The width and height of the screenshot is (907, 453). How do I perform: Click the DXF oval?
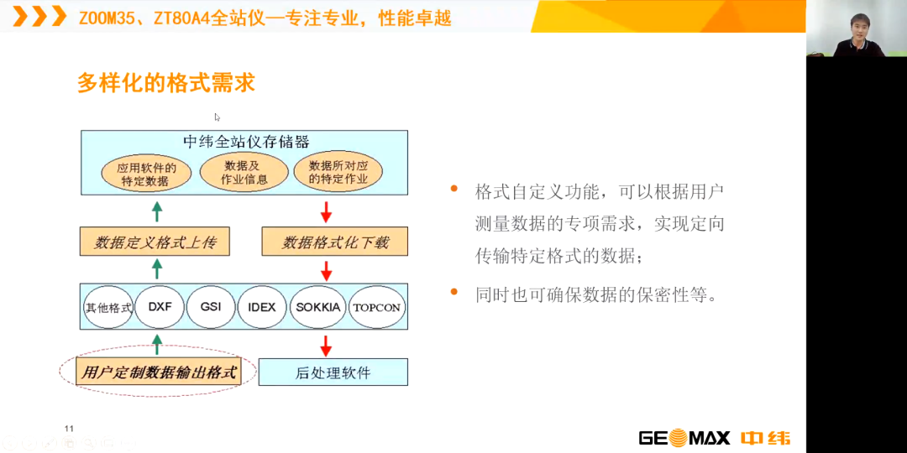point(160,307)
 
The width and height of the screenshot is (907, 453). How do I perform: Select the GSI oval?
point(211,307)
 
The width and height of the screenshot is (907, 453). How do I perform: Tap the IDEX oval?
point(261,307)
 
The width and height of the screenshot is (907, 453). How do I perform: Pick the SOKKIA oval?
point(317,307)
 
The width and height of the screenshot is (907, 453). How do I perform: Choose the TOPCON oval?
point(376,307)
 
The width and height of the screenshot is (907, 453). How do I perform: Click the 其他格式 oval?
point(108,307)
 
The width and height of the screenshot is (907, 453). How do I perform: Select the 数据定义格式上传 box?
point(155,242)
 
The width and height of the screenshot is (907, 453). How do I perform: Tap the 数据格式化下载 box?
point(335,242)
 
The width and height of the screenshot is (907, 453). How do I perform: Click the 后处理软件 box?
point(333,372)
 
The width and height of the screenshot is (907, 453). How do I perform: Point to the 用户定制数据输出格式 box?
point(159,372)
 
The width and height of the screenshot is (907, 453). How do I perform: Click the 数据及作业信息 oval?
point(244,173)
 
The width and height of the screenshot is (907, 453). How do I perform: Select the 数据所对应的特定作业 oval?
point(338,173)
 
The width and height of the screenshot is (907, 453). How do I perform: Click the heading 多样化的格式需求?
point(166,83)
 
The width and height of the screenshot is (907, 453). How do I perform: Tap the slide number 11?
point(70,428)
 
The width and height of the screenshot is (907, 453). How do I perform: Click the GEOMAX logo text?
point(685,437)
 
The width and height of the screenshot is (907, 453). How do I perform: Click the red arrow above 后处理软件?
point(326,346)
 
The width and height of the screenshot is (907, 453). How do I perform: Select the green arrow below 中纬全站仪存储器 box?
point(157,212)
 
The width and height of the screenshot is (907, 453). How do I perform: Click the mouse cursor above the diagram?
point(217,117)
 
